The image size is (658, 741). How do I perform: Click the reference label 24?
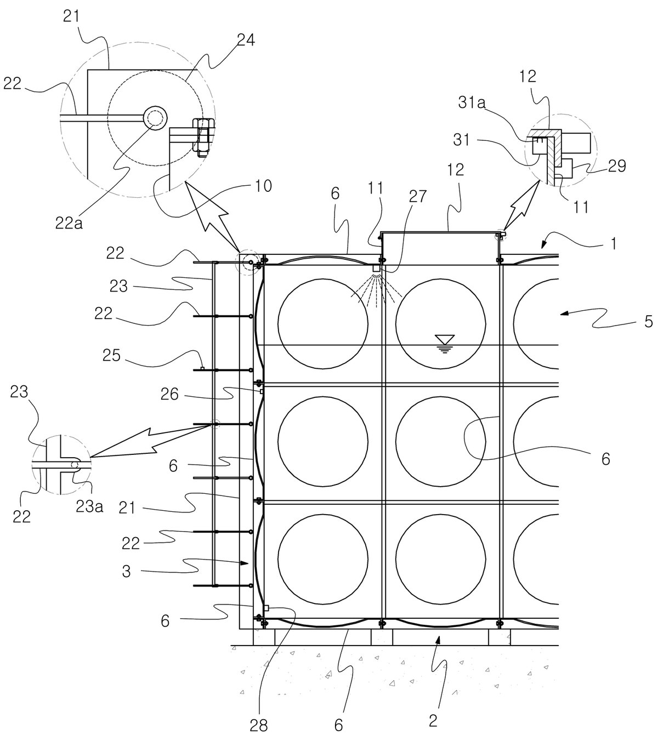246,40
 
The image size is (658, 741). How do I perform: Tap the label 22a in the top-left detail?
69,223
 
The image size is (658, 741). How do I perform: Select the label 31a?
472,103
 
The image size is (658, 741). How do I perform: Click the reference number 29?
617,166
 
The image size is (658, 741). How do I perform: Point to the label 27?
418,197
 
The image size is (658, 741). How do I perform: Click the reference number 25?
112,355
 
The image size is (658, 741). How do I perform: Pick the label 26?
169,394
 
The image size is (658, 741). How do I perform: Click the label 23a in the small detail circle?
90,506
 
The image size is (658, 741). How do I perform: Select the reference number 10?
263,186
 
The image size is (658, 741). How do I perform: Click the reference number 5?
649,322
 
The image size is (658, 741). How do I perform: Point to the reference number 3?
126,572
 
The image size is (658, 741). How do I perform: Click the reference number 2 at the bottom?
433,720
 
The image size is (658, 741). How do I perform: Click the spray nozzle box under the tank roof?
376,267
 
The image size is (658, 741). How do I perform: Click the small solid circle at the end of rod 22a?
155,118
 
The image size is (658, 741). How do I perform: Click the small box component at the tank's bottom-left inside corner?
266,608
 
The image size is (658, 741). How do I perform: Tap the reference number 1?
613,243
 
